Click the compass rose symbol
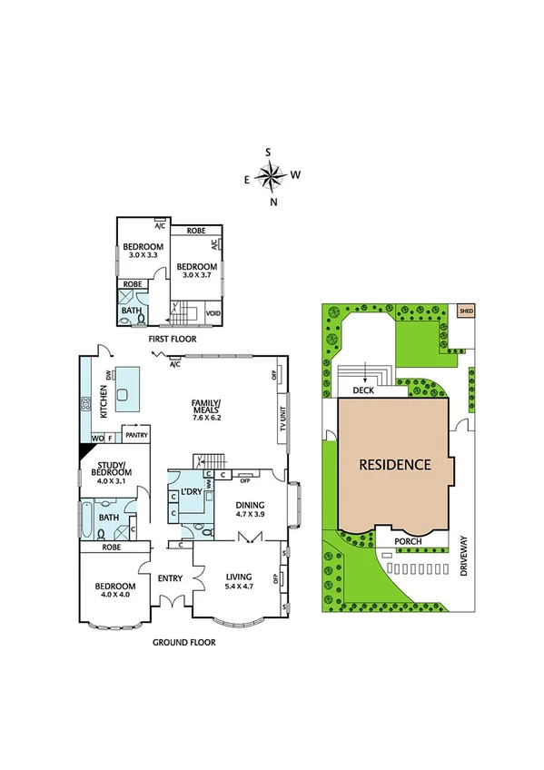click(x=272, y=174)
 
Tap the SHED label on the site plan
click(x=467, y=311)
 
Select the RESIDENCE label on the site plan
click(x=394, y=465)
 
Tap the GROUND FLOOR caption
click(x=183, y=642)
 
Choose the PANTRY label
click(x=136, y=435)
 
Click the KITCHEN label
click(x=104, y=400)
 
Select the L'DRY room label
click(x=191, y=491)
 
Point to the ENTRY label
click(x=170, y=578)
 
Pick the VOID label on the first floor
click(x=213, y=313)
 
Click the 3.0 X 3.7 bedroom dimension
click(x=195, y=275)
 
